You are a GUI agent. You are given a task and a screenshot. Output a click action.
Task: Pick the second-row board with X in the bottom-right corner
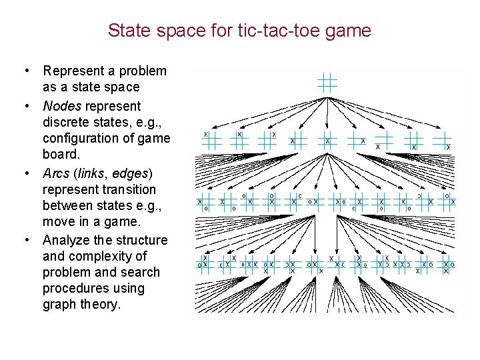click(442, 140)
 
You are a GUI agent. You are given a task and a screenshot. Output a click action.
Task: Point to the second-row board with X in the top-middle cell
click(239, 138)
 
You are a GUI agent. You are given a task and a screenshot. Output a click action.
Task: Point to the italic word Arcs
click(56, 173)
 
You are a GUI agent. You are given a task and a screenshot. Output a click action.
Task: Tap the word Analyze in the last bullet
click(67, 240)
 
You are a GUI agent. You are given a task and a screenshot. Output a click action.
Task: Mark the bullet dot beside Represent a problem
click(25, 71)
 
